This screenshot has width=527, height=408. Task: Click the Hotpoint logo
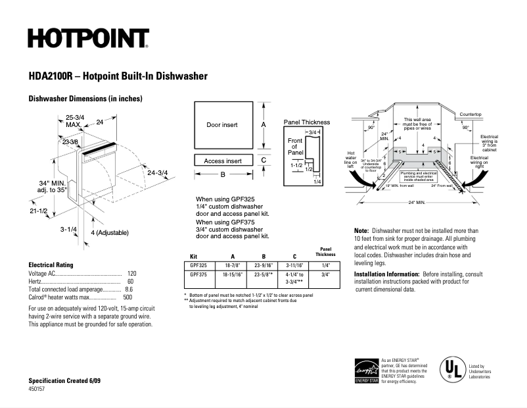tap(88, 39)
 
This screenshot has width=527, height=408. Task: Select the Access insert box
tap(223, 161)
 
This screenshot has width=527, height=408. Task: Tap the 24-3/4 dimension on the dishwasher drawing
tap(158, 173)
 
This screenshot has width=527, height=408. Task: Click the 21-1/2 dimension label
tap(39, 211)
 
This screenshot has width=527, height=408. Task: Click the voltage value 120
tap(131, 273)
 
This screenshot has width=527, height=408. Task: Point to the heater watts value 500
tap(127, 297)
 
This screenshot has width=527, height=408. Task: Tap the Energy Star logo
tap(366, 371)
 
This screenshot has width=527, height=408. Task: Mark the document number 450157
tap(37, 390)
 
